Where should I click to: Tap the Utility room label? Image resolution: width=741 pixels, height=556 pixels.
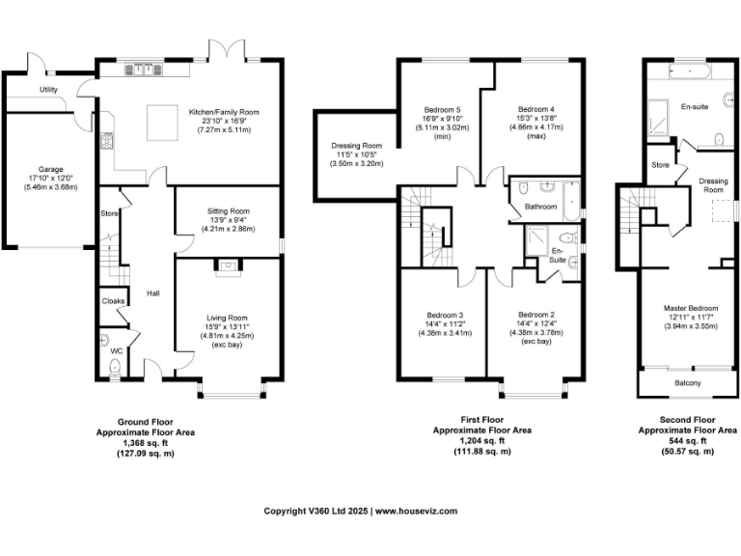[48, 90]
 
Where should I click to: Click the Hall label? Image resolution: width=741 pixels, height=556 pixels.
[152, 293]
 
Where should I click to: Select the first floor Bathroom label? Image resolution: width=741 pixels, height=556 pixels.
[540, 207]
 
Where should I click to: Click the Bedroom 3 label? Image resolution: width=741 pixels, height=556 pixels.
[446, 316]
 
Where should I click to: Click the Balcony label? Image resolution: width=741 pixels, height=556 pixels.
[687, 384]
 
